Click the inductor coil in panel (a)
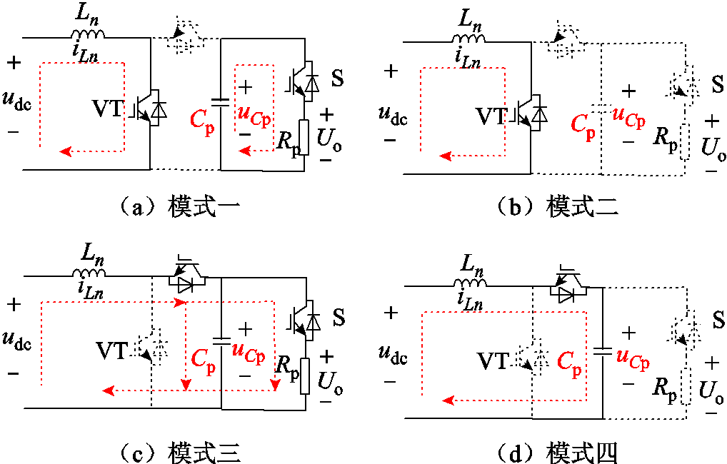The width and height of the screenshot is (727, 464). coord(88,34)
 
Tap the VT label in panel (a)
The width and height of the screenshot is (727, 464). coord(108,109)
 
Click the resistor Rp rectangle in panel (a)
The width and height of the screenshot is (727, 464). coord(304,138)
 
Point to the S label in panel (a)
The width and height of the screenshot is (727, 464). coord(338,79)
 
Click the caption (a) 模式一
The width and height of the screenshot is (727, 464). coord(180,206)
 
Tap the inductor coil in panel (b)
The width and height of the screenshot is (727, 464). coord(468,39)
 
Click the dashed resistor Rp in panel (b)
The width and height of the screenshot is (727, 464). coord(685,142)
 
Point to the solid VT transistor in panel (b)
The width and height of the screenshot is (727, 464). coord(530,113)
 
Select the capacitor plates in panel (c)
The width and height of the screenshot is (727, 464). coord(221,341)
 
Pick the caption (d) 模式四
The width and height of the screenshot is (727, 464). coord(558,453)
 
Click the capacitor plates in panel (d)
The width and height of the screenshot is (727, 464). coord(603,351)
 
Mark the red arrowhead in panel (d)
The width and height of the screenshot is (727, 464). coord(448,400)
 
